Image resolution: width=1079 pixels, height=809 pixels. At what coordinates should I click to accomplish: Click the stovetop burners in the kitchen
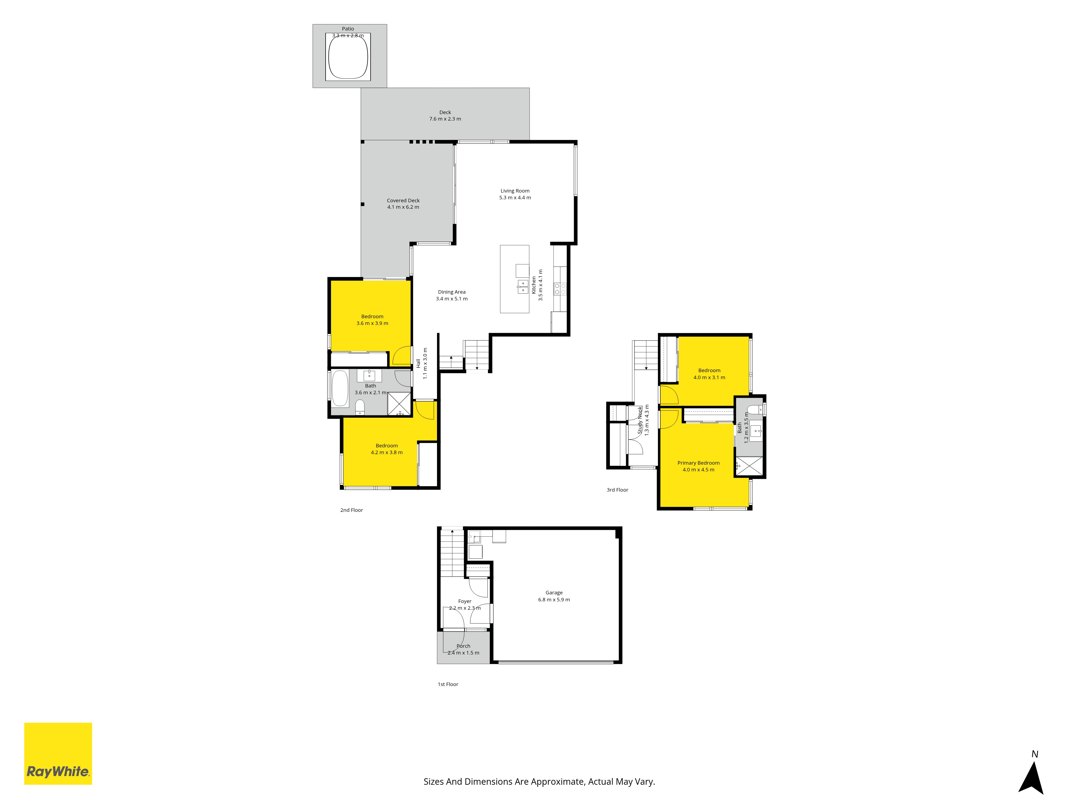(x=560, y=289)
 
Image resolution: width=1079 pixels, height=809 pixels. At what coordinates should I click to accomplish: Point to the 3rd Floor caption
(x=617, y=490)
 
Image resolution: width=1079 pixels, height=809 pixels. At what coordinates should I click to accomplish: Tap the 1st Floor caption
(x=448, y=684)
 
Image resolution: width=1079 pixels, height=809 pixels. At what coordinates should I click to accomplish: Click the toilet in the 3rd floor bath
(x=754, y=408)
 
